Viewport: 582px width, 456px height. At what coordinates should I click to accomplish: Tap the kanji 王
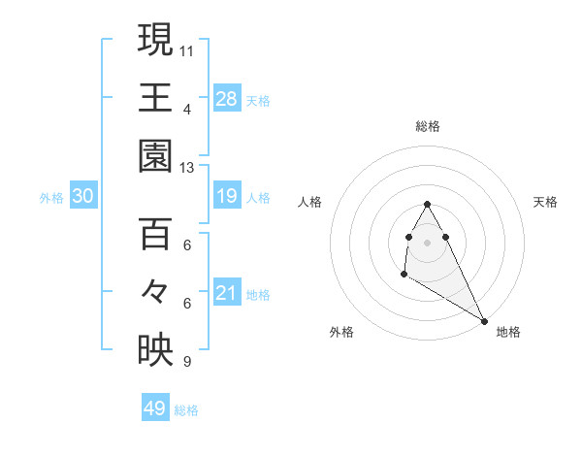tap(155, 98)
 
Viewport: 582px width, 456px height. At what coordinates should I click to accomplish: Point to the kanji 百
tap(155, 234)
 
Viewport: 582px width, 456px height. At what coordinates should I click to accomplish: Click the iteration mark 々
tap(155, 292)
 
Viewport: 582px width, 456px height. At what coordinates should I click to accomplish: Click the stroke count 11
tap(188, 49)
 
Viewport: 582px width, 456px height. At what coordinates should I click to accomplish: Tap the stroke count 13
tap(188, 168)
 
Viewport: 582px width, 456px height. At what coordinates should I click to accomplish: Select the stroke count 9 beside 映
tap(186, 362)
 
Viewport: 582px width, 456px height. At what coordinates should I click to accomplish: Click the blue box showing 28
tap(227, 98)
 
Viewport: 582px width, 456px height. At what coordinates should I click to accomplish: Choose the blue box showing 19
tap(227, 197)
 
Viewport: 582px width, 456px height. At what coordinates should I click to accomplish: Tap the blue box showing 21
tap(227, 293)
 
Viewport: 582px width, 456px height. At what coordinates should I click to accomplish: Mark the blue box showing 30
tap(82, 197)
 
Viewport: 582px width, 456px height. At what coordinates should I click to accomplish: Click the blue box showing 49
tap(155, 408)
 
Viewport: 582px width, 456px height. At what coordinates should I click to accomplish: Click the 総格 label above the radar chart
tap(428, 126)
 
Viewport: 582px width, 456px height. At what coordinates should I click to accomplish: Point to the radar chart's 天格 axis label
tap(545, 202)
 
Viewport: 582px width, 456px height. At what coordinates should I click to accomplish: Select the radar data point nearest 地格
tap(484, 319)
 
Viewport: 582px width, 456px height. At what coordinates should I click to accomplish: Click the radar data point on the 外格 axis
tap(404, 276)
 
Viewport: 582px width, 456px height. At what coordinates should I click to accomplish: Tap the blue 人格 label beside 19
tap(258, 198)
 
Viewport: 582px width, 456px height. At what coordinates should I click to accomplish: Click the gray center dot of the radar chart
tap(428, 241)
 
